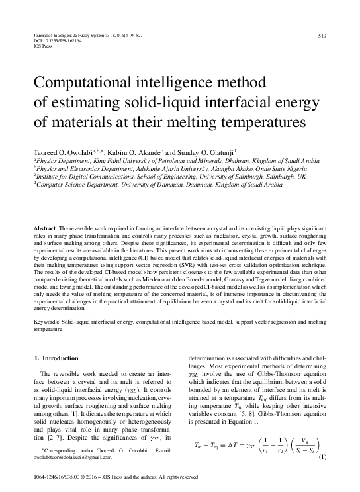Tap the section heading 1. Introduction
click(56, 358)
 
